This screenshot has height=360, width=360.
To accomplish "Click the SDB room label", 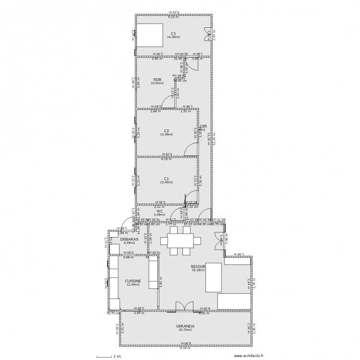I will [157, 79].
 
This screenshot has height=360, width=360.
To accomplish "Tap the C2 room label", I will [166, 131].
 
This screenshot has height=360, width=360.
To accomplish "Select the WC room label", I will [159, 211].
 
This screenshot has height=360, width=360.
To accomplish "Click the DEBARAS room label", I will [129, 239].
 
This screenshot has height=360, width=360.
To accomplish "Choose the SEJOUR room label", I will [198, 266].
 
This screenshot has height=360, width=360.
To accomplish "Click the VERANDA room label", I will [185, 326].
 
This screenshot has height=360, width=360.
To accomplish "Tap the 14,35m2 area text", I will [173, 37].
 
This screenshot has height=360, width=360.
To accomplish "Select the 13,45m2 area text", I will [166, 182].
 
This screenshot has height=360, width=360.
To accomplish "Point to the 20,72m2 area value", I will [185, 330].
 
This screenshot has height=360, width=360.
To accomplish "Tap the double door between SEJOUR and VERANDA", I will [182, 307].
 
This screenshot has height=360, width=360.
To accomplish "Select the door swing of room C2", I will [192, 149].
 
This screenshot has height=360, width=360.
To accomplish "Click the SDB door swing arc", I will [168, 102].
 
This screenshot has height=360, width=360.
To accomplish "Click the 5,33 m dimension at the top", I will [174, 12].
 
